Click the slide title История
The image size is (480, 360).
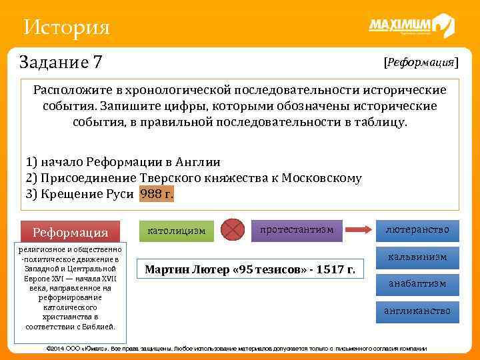point(65,27)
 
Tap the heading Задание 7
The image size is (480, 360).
point(61,62)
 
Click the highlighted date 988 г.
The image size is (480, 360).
point(156,194)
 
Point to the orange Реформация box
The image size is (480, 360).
point(70,232)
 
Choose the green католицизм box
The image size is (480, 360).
point(176,231)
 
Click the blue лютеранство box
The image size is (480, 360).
point(417,230)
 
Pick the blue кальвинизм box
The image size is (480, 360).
point(417,257)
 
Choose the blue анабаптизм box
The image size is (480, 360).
point(417,283)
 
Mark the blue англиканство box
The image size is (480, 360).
point(417,311)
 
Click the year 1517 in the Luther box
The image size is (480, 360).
point(337,269)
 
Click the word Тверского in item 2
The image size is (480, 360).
point(170,178)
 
